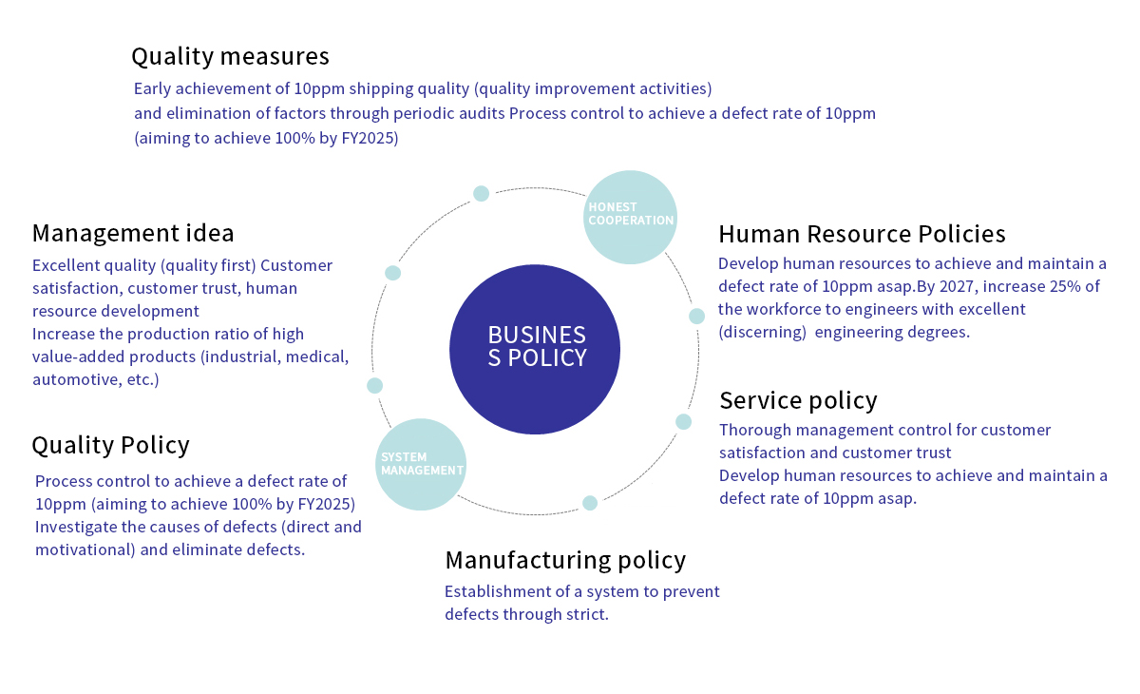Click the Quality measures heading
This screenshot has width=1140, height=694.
[230, 57]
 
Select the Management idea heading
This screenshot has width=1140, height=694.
[133, 233]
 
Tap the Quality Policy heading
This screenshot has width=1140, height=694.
[110, 445]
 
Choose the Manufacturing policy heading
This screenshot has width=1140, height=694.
[565, 560]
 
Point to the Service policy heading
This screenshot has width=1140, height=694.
[798, 399]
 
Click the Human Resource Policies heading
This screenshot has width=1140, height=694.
[862, 234]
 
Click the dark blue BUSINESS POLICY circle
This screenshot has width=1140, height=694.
[535, 349]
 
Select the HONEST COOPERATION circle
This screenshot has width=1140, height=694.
[630, 217]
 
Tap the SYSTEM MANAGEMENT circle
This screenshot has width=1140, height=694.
[421, 464]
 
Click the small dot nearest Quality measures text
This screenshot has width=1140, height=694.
[481, 193]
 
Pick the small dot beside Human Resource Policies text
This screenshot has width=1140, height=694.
[696, 316]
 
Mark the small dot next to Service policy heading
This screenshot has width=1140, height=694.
[683, 421]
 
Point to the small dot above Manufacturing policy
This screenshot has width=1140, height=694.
[590, 503]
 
